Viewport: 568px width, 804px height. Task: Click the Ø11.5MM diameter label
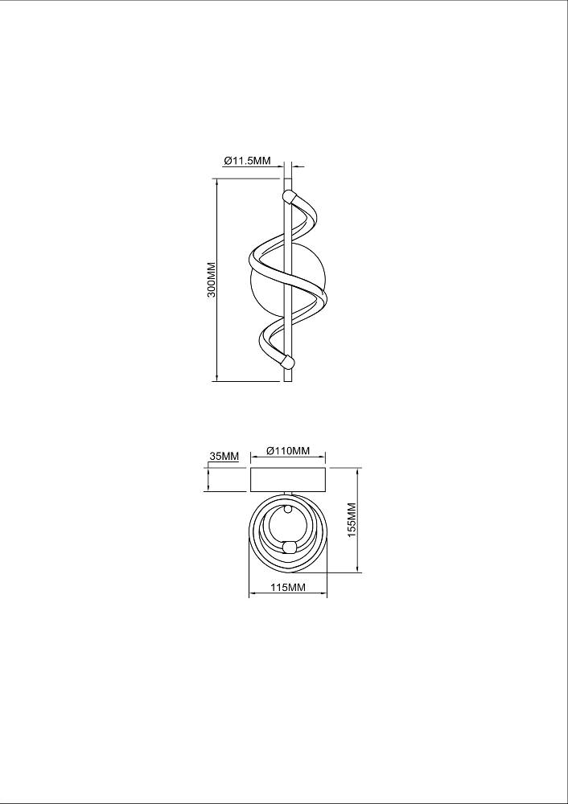pos(247,161)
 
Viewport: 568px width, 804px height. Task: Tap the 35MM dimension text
pos(224,456)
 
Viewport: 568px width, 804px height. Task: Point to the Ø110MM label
pos(288,451)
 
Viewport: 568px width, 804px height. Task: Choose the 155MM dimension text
pos(352,519)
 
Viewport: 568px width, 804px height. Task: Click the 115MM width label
pos(288,587)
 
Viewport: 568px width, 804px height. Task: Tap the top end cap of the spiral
pos(290,196)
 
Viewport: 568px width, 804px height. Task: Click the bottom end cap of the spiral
pos(288,362)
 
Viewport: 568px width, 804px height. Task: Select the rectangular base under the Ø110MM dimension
pos(288,479)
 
